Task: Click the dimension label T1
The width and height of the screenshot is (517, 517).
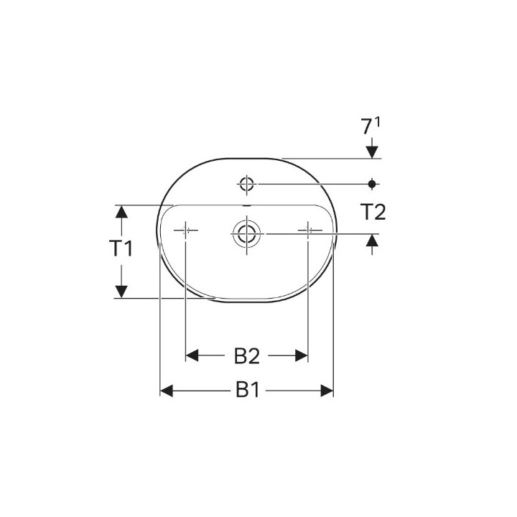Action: (x=121, y=249)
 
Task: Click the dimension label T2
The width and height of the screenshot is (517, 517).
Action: (x=373, y=212)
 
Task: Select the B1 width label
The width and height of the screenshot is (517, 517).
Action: (x=247, y=391)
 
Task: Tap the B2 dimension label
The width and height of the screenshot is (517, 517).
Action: (x=246, y=355)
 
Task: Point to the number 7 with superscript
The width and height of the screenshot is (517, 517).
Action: (x=368, y=128)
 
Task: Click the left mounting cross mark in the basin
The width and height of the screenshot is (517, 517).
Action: (x=185, y=230)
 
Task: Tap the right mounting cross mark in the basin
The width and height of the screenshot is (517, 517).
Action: (x=309, y=230)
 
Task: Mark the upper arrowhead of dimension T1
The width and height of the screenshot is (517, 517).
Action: (x=121, y=212)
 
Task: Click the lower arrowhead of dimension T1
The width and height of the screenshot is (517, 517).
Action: (x=121, y=291)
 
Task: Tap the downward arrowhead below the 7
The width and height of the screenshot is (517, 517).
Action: (x=372, y=152)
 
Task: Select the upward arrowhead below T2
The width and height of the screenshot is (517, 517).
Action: (x=372, y=241)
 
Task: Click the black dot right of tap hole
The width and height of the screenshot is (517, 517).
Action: (x=372, y=183)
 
